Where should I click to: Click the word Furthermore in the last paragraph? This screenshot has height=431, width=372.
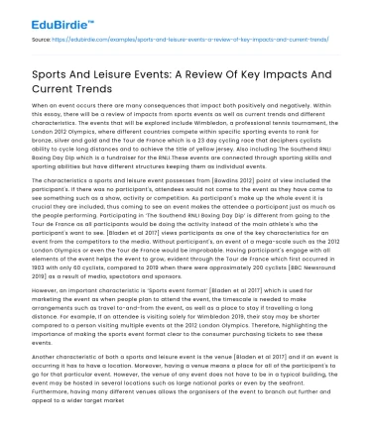(52, 419)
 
